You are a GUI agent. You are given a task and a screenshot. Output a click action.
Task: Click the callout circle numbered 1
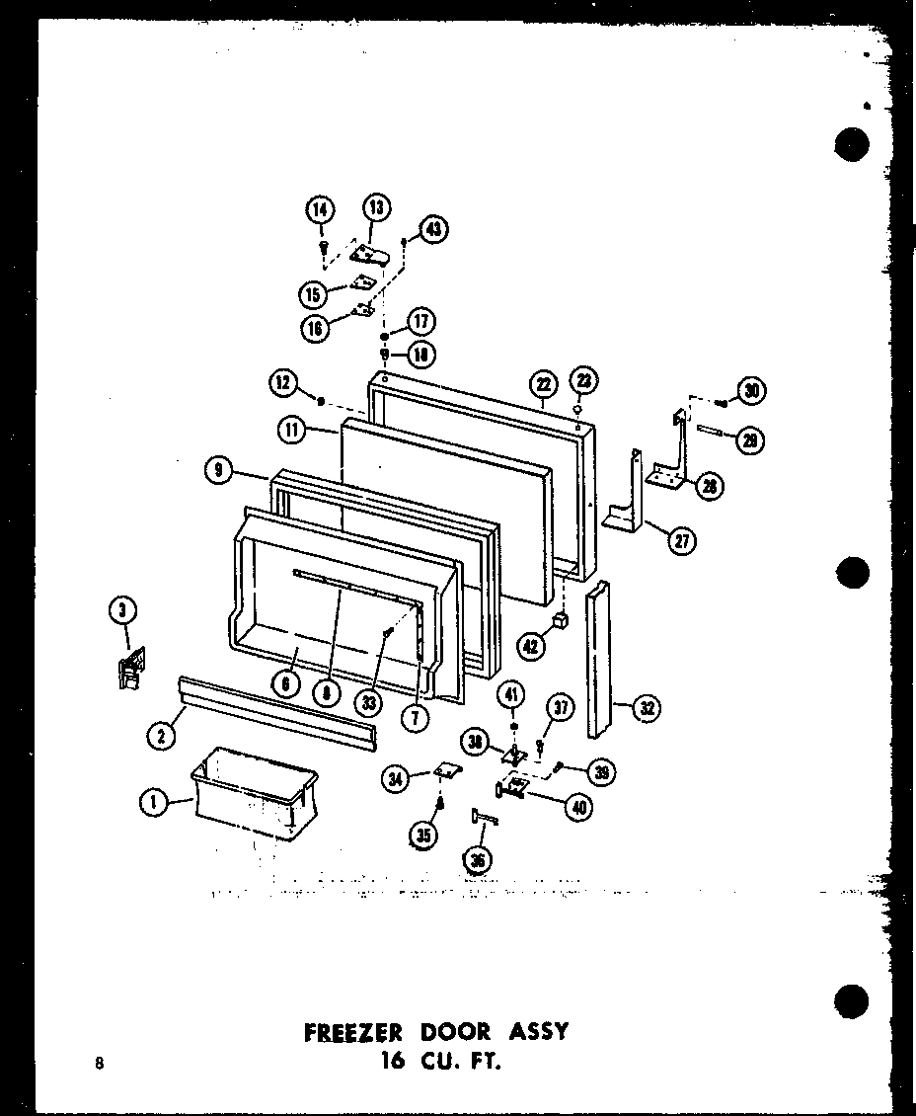click(x=152, y=805)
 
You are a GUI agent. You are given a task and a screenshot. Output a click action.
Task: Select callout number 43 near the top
click(x=432, y=229)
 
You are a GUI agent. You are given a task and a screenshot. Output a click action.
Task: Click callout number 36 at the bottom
click(x=479, y=860)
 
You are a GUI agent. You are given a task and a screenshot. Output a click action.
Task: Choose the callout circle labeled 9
click(x=219, y=472)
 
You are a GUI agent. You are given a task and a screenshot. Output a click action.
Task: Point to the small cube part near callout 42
click(x=560, y=619)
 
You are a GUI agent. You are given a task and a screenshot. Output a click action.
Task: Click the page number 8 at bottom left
click(x=99, y=1064)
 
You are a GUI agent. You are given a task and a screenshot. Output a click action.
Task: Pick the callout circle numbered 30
click(x=753, y=391)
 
